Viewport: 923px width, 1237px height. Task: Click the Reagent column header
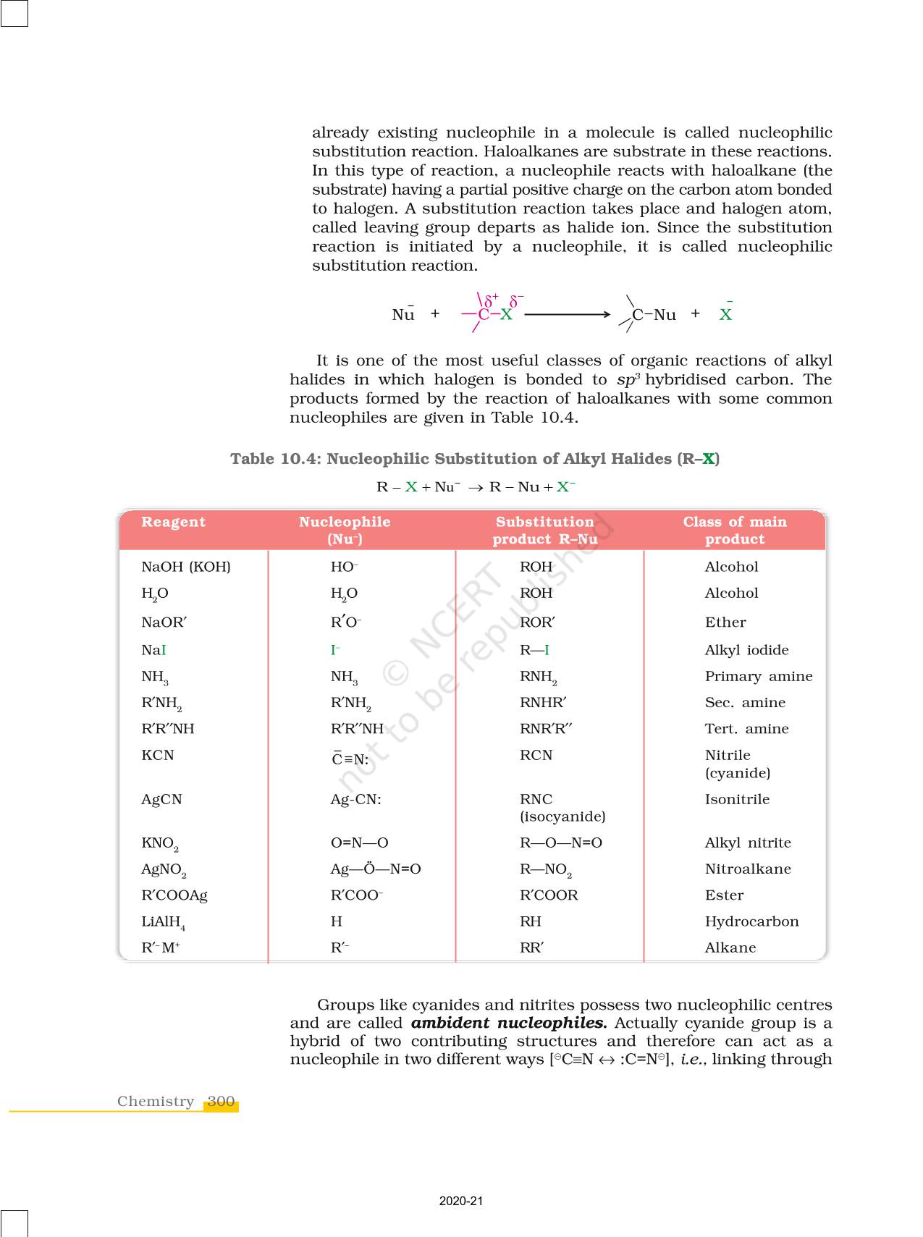(x=173, y=522)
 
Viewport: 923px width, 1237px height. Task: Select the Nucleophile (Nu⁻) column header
(x=345, y=530)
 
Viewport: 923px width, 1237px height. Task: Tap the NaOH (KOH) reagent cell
(x=186, y=567)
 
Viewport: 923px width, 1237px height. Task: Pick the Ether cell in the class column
(x=725, y=622)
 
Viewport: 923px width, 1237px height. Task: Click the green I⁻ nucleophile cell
(x=335, y=650)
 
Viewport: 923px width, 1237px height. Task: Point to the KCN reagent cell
(x=158, y=755)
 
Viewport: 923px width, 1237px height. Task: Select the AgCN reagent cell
(x=161, y=799)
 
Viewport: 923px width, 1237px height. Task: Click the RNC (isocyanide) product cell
(x=562, y=808)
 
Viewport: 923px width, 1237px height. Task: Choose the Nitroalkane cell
(x=748, y=869)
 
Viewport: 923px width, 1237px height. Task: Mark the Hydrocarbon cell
(x=751, y=921)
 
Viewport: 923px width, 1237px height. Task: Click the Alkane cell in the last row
(x=730, y=947)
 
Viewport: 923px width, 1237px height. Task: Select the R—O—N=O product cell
(x=561, y=843)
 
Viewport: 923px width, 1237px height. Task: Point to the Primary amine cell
(x=759, y=676)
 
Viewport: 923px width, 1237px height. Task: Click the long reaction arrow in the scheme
(x=568, y=314)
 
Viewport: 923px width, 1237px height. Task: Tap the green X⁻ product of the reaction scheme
(x=725, y=313)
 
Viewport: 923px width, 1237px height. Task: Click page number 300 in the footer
(x=221, y=1102)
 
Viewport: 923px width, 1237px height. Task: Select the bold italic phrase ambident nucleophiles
(x=509, y=1023)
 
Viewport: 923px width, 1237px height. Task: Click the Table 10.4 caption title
(x=475, y=459)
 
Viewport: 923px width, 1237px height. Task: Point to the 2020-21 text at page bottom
(x=461, y=1201)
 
